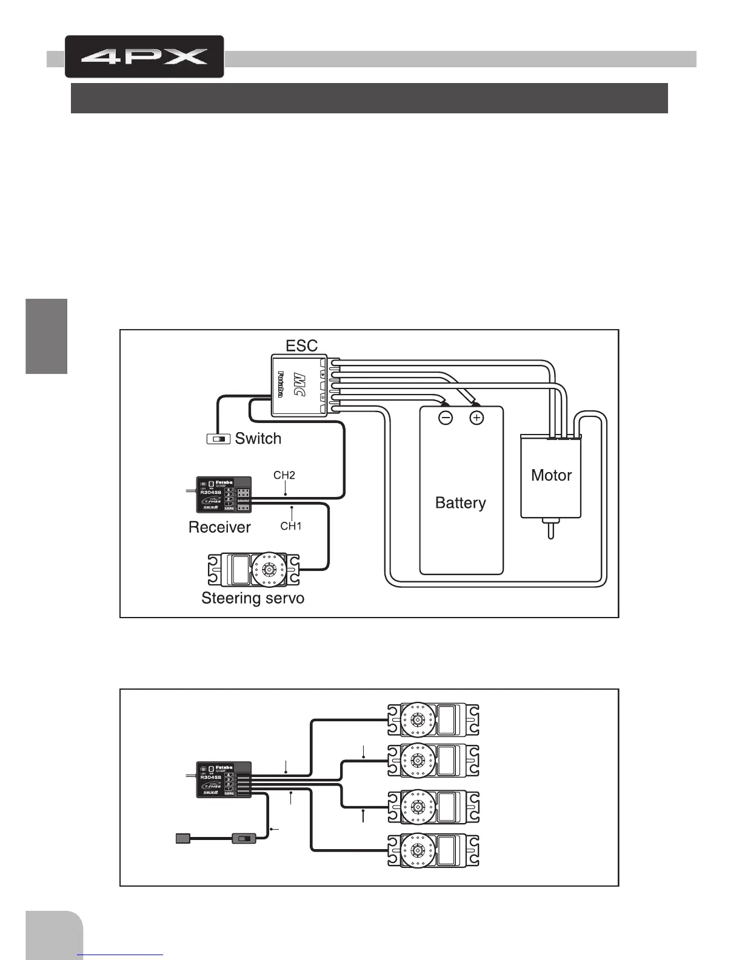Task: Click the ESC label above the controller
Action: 301,345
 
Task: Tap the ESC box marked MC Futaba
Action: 299,385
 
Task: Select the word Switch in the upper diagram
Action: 258,438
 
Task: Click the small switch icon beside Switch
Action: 218,439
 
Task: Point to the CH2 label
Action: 284,475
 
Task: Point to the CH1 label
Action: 291,526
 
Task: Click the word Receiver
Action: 219,527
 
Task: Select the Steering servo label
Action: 253,598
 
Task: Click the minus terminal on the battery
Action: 446,418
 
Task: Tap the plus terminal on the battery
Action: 477,418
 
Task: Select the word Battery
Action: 461,503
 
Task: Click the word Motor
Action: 551,475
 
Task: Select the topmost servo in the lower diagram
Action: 433,719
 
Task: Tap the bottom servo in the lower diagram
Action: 433,850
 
